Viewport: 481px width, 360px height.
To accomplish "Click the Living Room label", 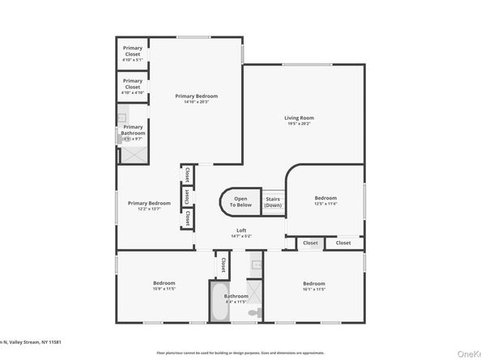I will [x=299, y=117].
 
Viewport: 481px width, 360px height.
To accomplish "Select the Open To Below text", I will [x=241, y=201].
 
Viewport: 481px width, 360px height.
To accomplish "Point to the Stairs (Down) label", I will [x=273, y=201].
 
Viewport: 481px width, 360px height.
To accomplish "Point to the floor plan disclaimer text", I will [x=240, y=352].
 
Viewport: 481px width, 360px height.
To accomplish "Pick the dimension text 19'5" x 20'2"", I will [x=299, y=124].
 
